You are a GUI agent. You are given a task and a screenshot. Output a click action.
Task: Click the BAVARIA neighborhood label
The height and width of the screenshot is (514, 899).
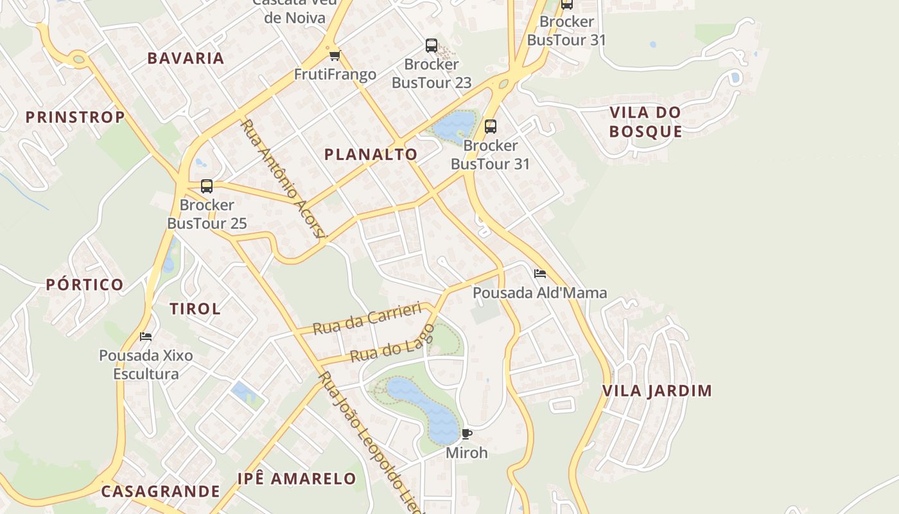186,58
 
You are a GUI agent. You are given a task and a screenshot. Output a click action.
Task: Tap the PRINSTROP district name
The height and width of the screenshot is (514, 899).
75,117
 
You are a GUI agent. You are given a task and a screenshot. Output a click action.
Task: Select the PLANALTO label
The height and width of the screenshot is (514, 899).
371,154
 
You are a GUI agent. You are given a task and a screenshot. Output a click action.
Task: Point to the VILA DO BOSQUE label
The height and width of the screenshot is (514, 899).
645,122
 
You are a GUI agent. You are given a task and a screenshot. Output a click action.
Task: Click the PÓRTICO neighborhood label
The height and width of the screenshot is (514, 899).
85,285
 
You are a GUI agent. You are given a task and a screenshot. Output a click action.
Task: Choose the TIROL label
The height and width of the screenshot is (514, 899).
195,308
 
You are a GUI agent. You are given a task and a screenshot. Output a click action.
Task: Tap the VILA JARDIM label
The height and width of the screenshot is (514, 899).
657,391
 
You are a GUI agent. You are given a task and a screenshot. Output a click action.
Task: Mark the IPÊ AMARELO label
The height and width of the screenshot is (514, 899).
296,479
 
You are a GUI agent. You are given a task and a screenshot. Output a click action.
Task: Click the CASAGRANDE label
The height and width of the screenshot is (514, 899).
161,492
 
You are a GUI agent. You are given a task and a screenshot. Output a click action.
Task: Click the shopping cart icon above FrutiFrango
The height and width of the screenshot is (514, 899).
335,56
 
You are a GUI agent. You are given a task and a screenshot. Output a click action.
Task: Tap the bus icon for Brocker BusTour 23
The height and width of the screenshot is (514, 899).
432,46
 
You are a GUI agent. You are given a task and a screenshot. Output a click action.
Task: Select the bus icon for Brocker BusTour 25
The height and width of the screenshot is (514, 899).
207,186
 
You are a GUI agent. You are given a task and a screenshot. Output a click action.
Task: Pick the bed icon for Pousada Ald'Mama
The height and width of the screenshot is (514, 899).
539,274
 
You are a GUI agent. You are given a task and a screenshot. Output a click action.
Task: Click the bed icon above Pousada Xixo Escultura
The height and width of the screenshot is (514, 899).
146,336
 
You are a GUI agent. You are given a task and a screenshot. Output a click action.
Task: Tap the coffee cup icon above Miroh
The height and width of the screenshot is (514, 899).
467,434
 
